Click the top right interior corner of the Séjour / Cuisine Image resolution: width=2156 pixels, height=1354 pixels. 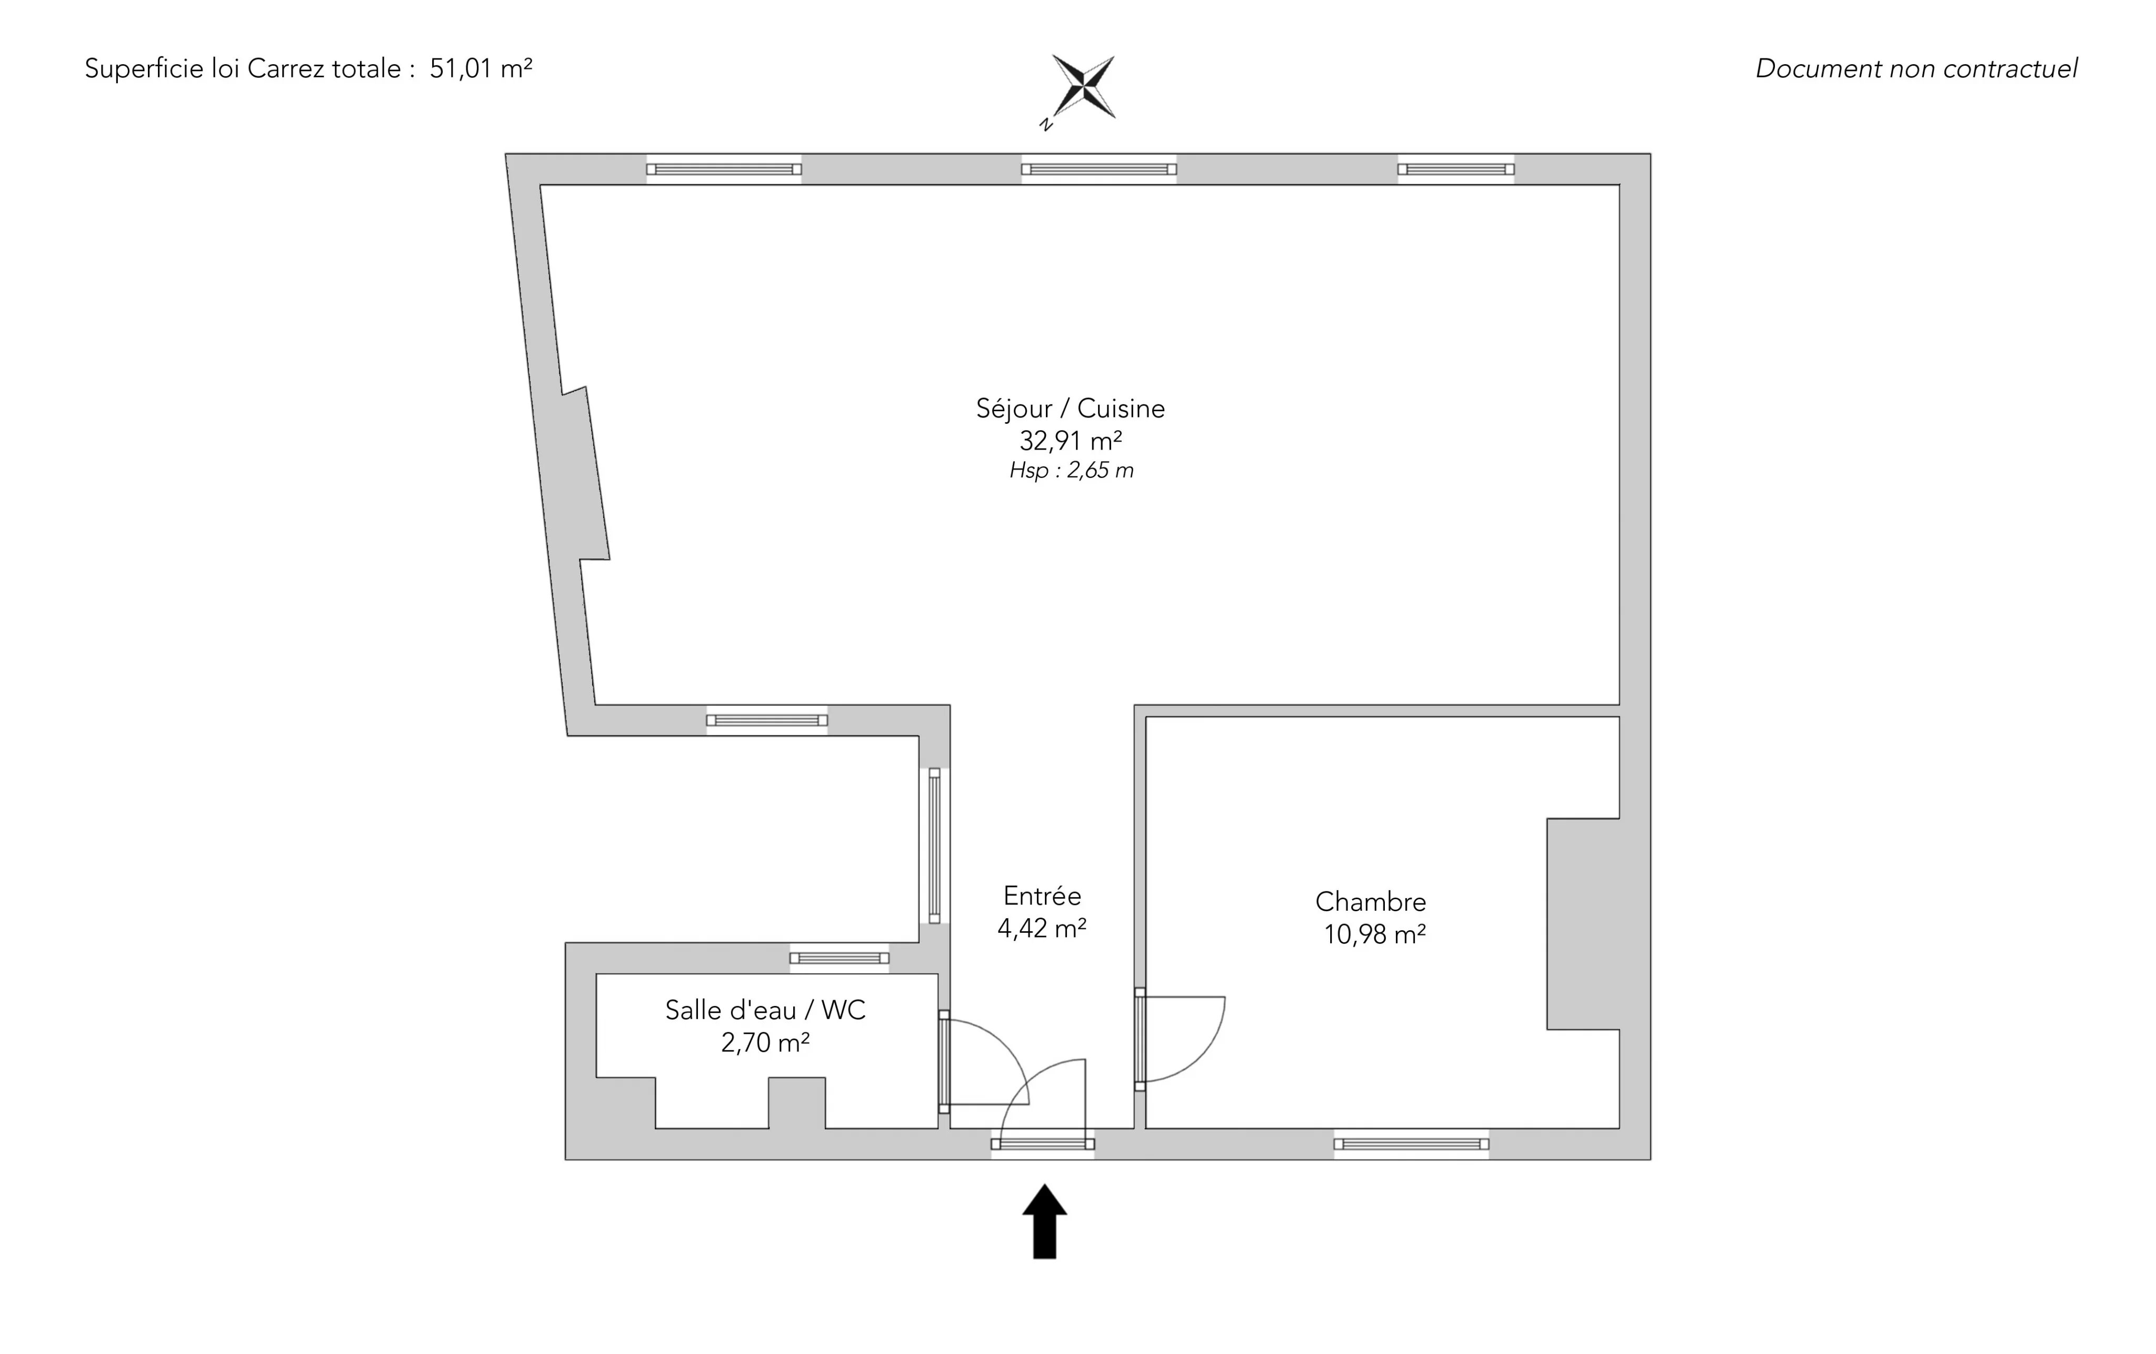coord(1620,185)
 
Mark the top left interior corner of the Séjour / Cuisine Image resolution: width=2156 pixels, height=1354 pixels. coord(540,185)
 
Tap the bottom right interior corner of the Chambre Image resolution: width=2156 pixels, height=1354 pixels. coord(1620,1128)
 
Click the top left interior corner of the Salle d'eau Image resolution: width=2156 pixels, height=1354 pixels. coord(596,974)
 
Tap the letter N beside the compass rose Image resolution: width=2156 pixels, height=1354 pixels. coord(1045,124)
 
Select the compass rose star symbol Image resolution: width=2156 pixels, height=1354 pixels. coord(1083,86)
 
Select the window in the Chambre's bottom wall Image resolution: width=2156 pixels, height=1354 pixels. coord(1411,1143)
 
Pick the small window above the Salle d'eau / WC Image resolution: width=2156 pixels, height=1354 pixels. coord(839,958)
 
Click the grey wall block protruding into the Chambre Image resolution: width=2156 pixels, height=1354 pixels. coord(1583,923)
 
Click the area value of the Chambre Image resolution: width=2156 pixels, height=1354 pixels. coord(1374,935)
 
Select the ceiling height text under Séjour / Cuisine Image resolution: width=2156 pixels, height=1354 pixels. coord(1072,470)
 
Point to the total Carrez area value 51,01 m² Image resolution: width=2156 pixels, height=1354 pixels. coord(481,68)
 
